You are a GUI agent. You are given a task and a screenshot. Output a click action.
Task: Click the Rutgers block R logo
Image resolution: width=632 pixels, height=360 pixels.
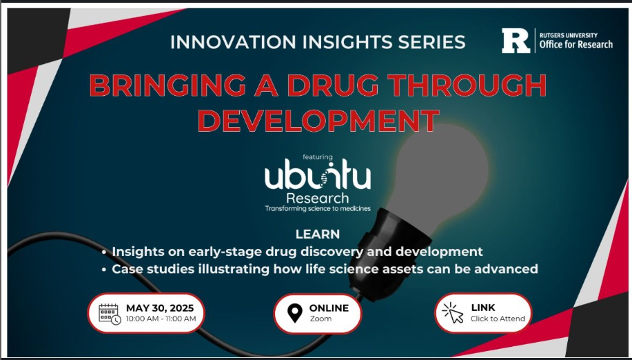coord(516,41)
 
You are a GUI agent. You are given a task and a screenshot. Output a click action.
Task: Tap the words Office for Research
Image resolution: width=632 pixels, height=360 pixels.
coord(576,44)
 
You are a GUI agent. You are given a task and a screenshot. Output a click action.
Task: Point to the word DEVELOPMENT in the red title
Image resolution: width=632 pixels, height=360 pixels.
coord(318,121)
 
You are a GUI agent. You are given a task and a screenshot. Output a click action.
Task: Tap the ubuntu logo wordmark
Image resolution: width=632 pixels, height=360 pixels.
coord(318,174)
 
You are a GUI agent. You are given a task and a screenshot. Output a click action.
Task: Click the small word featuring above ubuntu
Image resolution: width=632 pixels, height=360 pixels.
coord(318,157)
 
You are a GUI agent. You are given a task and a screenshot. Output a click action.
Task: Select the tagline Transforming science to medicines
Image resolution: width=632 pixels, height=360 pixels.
coord(318,208)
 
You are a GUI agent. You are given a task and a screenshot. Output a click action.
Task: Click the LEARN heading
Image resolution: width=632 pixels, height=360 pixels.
coord(318,234)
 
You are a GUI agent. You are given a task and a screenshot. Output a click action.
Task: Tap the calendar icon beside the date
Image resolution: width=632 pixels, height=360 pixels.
coord(110,314)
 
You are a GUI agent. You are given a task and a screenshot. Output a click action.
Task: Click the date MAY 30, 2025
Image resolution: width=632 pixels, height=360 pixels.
coord(160,308)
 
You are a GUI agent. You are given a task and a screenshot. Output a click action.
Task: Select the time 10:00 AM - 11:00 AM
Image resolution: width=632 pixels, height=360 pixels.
coord(161,319)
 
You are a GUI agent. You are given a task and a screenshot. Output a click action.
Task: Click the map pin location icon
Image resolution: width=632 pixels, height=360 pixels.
coord(295,313)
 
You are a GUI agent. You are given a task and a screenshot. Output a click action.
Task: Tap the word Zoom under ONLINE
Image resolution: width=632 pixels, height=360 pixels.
coord(321,319)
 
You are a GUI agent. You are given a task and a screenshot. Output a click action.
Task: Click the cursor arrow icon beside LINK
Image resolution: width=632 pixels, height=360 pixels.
coord(453,313)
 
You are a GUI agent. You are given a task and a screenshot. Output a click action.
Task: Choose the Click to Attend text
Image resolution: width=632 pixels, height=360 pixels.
coord(498,319)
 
